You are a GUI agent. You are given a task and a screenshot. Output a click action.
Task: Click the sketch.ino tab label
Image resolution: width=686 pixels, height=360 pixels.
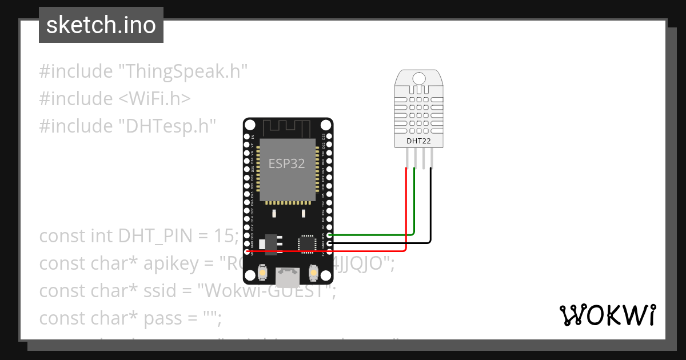click(x=101, y=25)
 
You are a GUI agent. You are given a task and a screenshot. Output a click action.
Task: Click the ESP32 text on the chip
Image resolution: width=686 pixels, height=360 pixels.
click(x=286, y=163)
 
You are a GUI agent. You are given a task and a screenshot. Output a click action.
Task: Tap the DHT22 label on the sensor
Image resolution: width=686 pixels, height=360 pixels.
click(x=418, y=141)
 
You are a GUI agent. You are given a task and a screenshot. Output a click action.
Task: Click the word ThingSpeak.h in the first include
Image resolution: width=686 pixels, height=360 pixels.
click(x=182, y=72)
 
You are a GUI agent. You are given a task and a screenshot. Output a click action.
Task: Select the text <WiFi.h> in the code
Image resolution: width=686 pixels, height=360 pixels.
click(x=154, y=99)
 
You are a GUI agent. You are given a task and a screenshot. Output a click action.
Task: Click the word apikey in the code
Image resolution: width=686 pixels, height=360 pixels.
click(x=173, y=263)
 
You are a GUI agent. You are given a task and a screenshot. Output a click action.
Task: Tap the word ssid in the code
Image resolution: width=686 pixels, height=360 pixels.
click(x=174, y=290)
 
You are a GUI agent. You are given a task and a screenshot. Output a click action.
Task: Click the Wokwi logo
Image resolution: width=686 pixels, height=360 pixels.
click(x=607, y=315)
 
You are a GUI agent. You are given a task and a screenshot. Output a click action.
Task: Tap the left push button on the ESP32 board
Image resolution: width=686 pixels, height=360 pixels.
click(x=262, y=273)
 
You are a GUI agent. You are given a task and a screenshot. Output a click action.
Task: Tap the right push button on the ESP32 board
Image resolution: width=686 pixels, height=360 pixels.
click(x=313, y=273)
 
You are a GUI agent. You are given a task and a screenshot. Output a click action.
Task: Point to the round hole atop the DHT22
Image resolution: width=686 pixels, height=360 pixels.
click(x=419, y=78)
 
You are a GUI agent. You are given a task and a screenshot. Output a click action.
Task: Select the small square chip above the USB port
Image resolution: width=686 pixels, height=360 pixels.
click(x=308, y=243)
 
